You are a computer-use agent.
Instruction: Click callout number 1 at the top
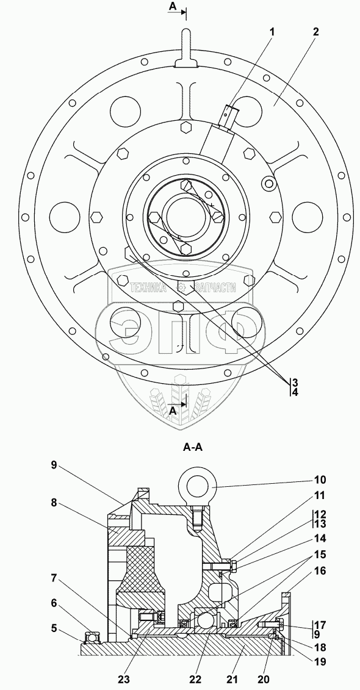[x=272, y=32]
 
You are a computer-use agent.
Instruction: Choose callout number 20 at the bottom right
[x=264, y=680]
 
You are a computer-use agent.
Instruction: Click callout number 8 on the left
[x=54, y=503]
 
